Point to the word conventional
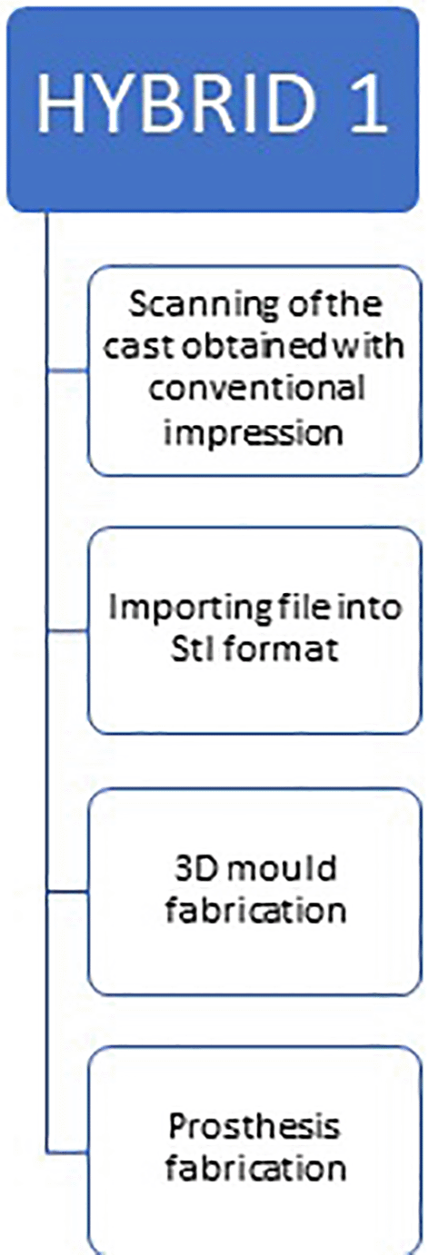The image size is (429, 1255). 257,388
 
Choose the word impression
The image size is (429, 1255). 254,432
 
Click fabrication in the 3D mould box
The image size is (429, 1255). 255,910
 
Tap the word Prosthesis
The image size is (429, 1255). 254,1127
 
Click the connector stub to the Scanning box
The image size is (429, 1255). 67,371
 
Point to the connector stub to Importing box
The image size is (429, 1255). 67,631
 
